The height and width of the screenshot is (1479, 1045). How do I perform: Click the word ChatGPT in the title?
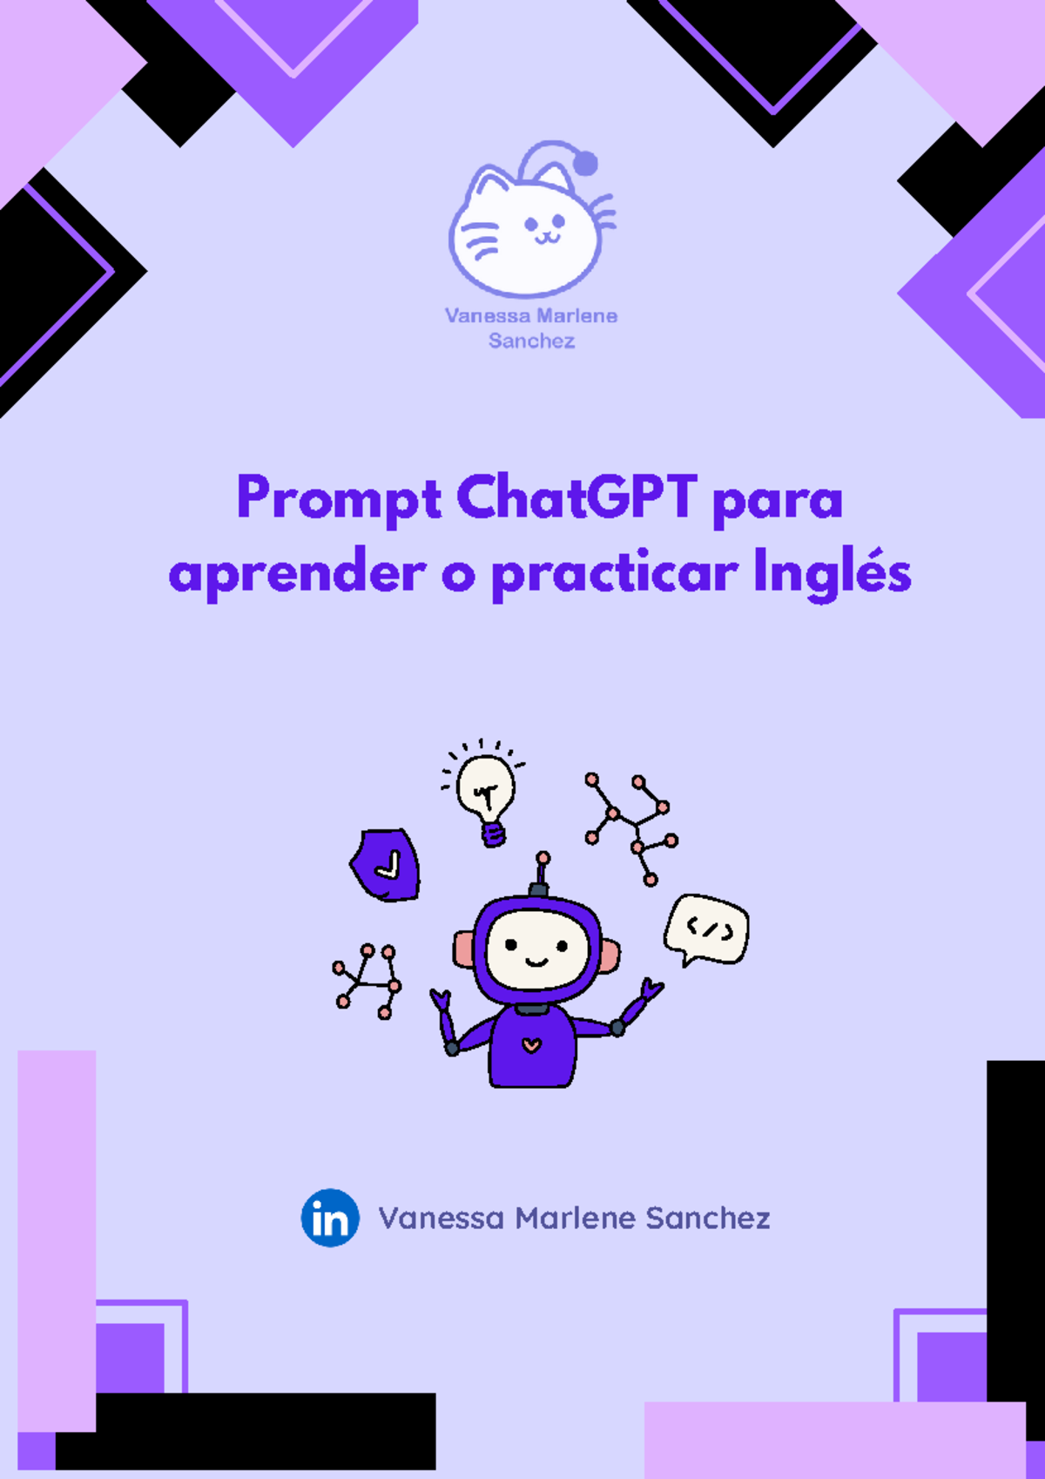pos(576,497)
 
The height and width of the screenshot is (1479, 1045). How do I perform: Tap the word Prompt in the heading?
pos(339,499)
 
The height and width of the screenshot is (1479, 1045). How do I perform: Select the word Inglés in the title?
pos(832,574)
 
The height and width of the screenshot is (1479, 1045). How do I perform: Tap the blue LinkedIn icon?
pos(330,1218)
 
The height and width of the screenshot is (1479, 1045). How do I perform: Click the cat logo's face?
pos(526,231)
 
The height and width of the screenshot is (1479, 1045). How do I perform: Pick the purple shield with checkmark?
pos(386,864)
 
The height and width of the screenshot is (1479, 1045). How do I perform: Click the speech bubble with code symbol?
pos(707,929)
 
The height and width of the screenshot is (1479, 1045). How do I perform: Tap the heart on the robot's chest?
pos(531,1044)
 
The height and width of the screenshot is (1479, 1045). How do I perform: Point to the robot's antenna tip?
pos(543,858)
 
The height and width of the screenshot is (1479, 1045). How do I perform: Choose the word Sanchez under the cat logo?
pos(531,341)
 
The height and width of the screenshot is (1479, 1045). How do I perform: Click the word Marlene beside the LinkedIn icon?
pos(575,1218)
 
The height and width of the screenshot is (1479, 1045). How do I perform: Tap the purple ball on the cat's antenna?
pos(585,163)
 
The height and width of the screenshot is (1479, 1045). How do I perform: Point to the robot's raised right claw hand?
pos(651,989)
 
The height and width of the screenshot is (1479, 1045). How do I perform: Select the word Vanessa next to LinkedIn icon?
pos(441,1218)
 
